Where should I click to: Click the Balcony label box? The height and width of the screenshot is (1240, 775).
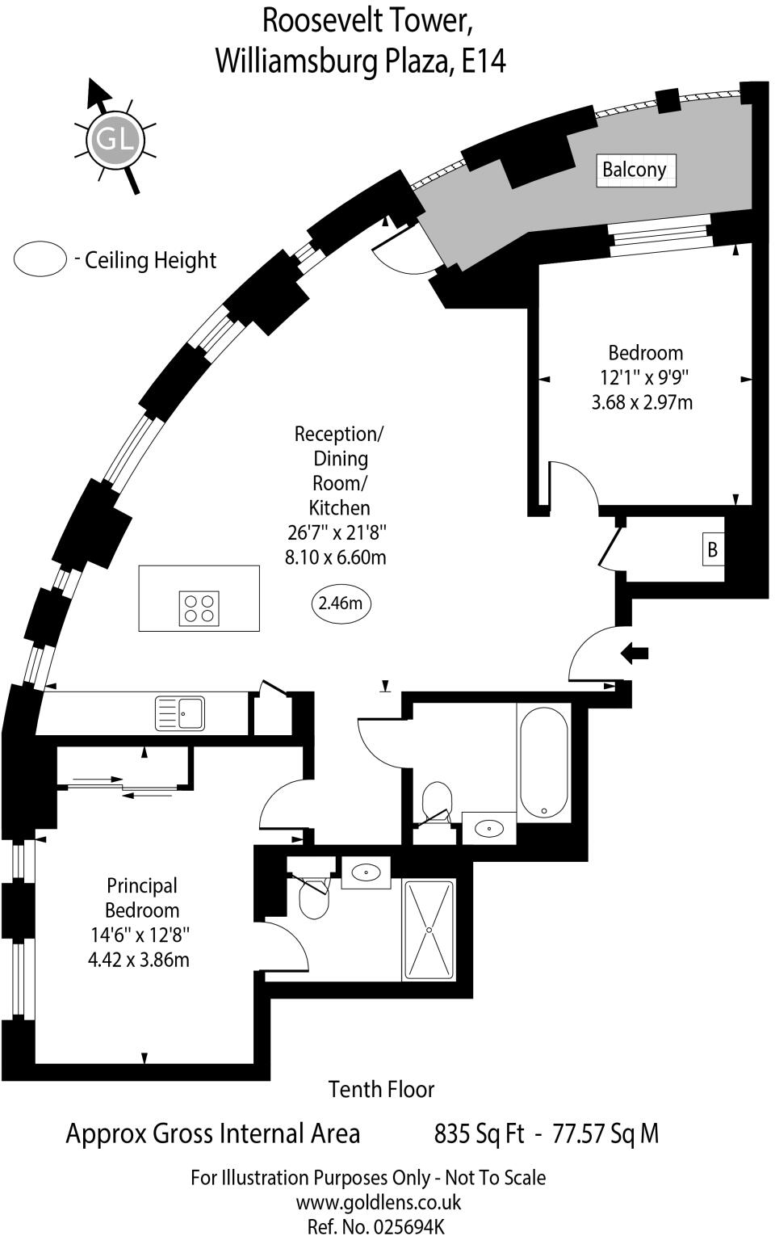(635, 170)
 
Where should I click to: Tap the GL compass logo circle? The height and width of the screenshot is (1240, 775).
(114, 139)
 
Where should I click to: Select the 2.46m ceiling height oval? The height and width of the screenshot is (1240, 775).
(340, 603)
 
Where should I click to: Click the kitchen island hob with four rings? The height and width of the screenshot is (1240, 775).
(199, 608)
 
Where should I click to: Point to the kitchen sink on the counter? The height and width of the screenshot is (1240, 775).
(180, 713)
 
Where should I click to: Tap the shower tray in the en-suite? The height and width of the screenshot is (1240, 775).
(429, 930)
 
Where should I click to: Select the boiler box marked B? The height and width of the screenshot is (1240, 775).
(713, 550)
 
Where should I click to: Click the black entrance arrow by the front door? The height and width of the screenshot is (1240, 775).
(635, 653)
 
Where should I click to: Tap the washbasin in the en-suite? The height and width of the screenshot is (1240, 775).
(367, 872)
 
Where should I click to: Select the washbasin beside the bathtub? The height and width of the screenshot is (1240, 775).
(489, 828)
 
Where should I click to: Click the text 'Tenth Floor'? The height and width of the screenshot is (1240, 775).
(381, 1089)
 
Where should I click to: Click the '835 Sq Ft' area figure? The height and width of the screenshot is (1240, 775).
(480, 1133)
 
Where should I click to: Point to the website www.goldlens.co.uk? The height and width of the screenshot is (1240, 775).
(379, 1202)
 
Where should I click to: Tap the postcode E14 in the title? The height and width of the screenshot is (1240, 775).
(483, 61)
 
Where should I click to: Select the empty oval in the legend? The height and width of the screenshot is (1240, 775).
(40, 259)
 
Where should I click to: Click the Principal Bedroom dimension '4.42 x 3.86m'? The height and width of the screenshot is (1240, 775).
(139, 960)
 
